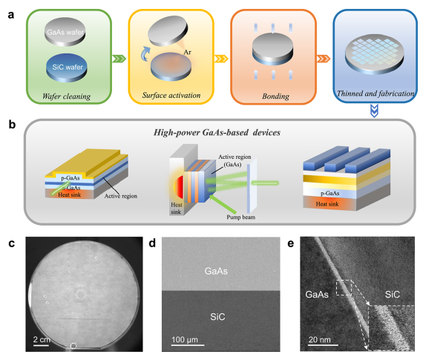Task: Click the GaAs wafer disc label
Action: [x=65, y=32]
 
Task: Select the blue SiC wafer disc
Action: [x=66, y=68]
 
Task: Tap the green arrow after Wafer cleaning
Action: [x=119, y=59]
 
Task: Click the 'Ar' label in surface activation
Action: [x=188, y=52]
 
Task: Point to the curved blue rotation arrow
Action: [x=145, y=53]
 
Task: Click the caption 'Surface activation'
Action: [x=171, y=95]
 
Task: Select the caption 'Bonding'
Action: [x=276, y=96]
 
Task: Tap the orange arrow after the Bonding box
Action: [x=323, y=59]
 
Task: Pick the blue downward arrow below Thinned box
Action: [x=375, y=111]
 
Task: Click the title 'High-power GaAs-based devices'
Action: [x=217, y=133]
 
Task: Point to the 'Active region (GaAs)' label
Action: [x=235, y=160]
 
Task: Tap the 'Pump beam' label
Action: [x=240, y=217]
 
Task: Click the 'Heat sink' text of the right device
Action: [x=327, y=204]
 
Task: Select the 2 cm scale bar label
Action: [x=42, y=339]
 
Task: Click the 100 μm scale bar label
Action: [x=185, y=339]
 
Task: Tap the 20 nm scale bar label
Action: [x=320, y=339]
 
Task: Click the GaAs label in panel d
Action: [x=216, y=271]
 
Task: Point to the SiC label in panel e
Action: [x=393, y=294]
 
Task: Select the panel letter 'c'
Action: [x=11, y=243]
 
